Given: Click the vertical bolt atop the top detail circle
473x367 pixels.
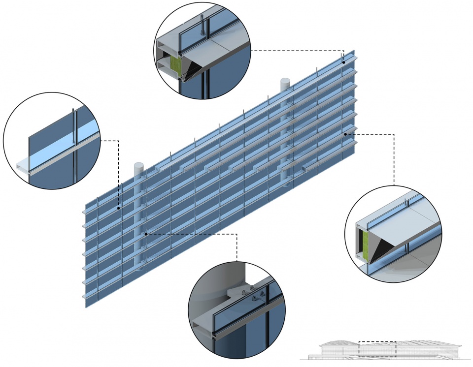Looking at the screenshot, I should click(203, 25).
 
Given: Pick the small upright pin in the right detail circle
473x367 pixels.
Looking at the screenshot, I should click(405, 202).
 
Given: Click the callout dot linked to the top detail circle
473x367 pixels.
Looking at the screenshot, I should click(343, 62).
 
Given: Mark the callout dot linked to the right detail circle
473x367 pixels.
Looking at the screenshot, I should click(346, 133).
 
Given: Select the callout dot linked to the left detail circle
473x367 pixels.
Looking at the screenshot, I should click(119, 208).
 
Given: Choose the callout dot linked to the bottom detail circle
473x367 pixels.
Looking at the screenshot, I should click(146, 234).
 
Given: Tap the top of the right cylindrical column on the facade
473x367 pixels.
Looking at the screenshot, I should click(286, 80).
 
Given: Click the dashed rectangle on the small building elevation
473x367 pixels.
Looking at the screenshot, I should click(377, 348).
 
